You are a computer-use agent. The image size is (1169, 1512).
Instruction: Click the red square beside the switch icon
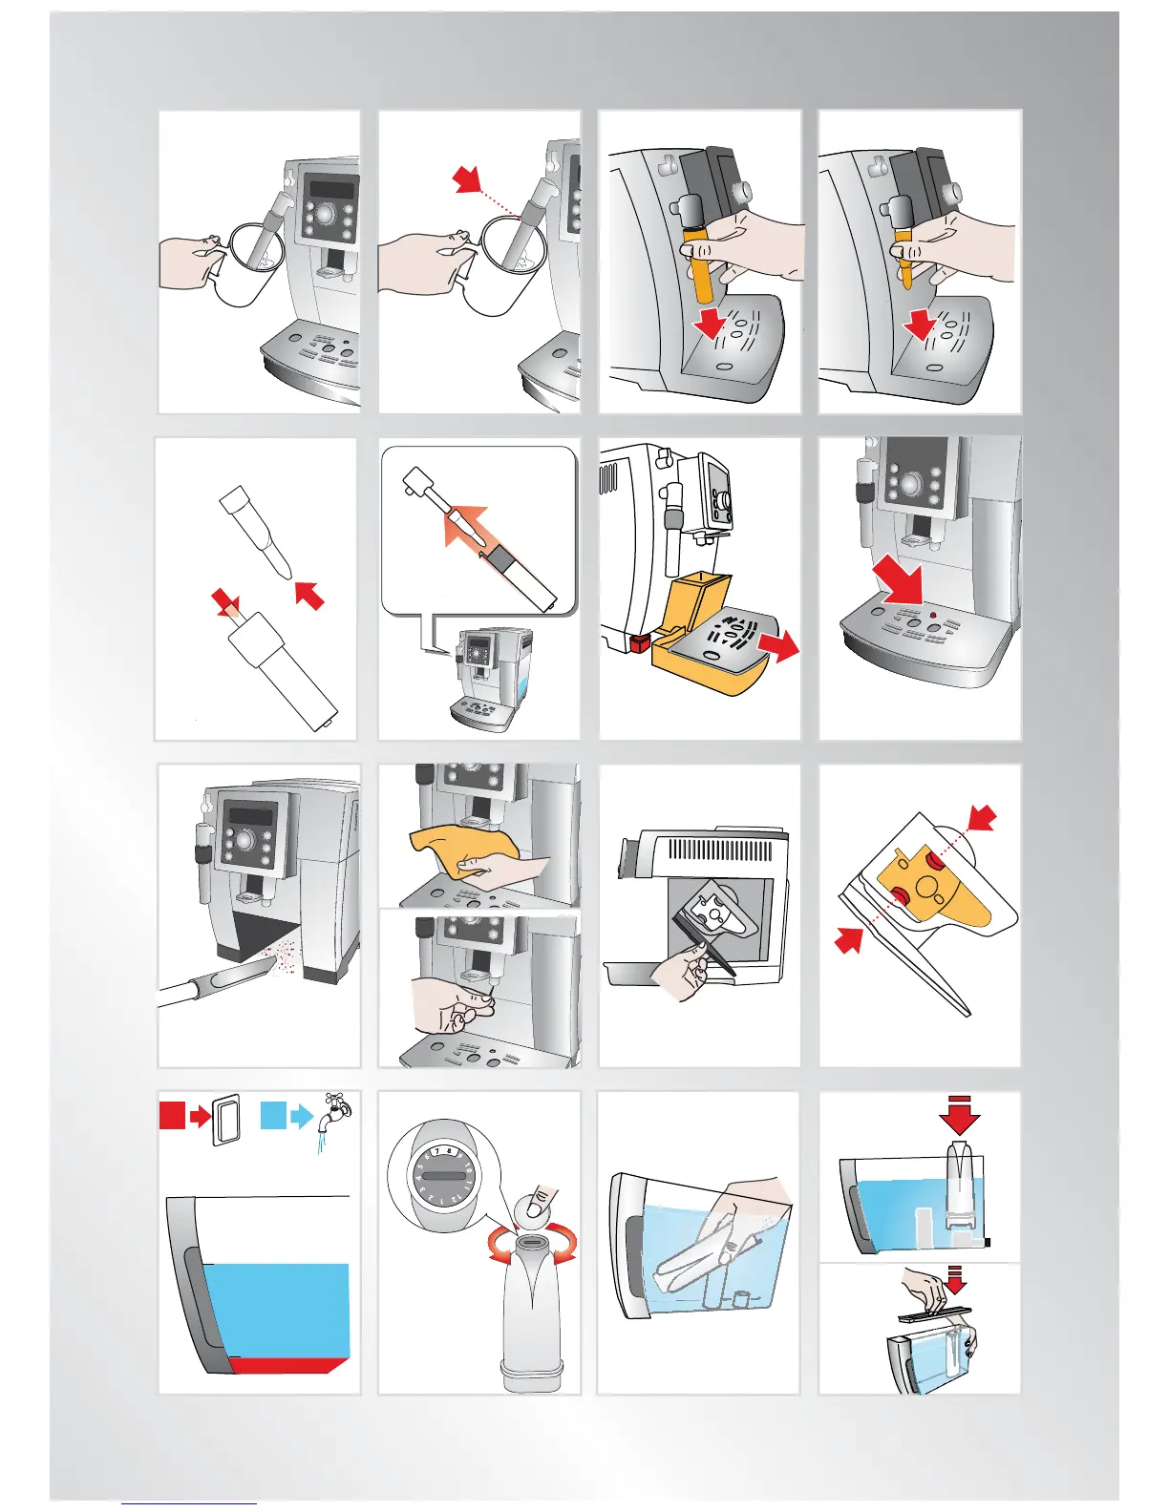point(172,1115)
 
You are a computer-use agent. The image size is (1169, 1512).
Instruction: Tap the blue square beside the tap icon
point(273,1115)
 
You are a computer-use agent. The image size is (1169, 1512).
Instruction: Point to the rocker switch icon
point(224,1118)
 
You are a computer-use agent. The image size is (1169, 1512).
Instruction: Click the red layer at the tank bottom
point(287,1364)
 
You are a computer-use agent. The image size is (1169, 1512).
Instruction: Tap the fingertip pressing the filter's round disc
point(542,1197)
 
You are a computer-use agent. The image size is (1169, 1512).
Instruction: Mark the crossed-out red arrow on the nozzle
point(224,601)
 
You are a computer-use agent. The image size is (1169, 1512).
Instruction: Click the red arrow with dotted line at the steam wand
point(468,178)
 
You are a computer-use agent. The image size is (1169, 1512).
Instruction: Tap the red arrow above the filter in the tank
point(959,1114)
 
